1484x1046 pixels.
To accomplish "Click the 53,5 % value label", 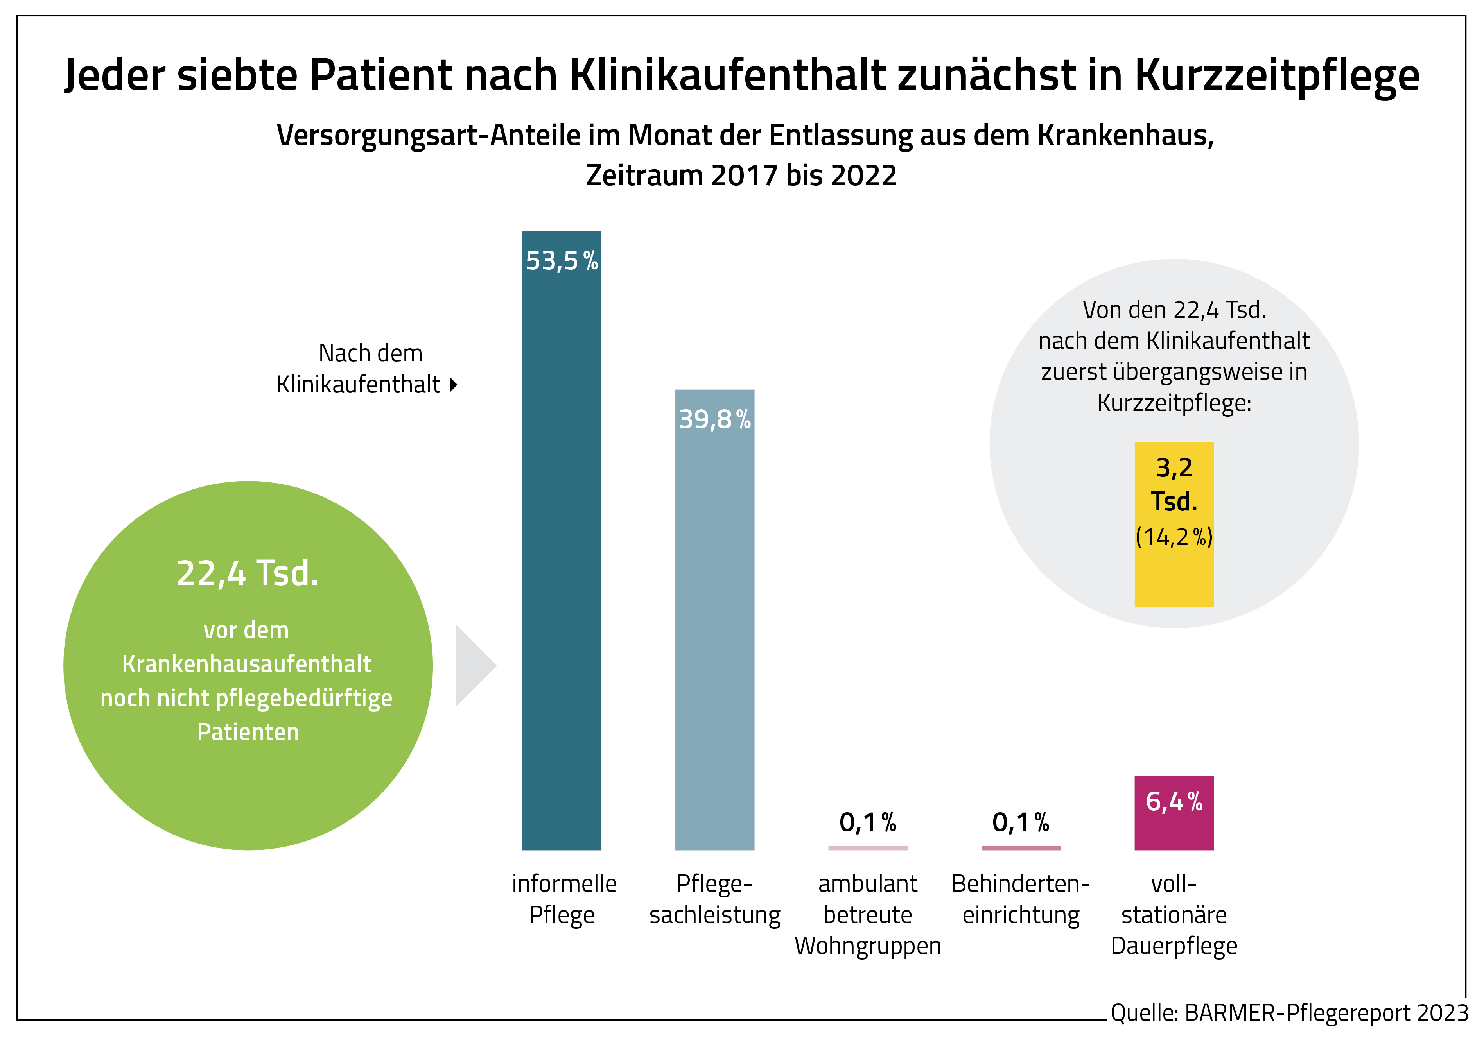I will point(562,261).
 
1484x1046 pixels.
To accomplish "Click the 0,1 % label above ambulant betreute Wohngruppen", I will point(867,822).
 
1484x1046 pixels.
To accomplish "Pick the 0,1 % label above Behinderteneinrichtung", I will point(1021,822).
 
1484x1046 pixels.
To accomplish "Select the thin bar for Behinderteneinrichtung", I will point(1021,848).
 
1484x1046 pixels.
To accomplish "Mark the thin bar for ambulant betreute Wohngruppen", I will point(867,848).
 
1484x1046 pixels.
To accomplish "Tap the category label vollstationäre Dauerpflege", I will point(1174,914).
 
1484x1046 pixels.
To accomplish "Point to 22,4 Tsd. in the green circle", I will point(248,573).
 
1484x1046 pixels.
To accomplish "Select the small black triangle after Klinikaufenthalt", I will point(454,385).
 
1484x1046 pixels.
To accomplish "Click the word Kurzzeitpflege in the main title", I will point(1276,75).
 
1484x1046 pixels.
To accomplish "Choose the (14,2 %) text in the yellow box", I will point(1174,537).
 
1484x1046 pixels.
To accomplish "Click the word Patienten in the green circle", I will point(248,732).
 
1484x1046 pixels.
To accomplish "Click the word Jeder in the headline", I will point(115,75).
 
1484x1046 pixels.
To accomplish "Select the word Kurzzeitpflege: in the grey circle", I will point(1174,403).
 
